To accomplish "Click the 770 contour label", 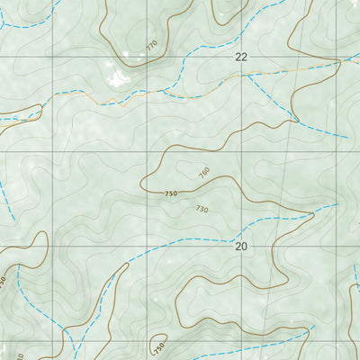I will [x=150, y=43].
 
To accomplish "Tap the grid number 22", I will [x=240, y=57].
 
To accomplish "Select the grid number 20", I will [x=240, y=246].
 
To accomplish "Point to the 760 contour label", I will [x=203, y=172].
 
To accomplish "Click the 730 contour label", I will [x=201, y=209].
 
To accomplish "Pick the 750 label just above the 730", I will [x=172, y=193].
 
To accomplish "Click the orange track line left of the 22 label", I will [x=198, y=88].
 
